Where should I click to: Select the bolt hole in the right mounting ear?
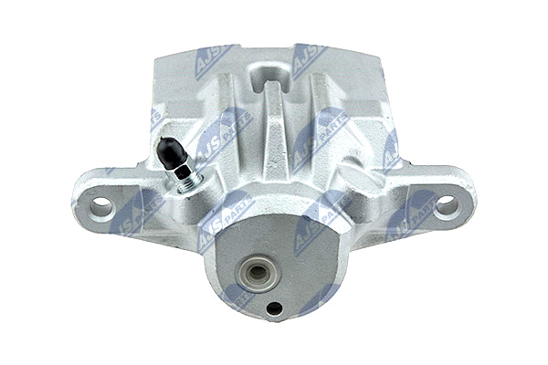click(447, 206)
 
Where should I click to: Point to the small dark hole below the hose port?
click(274, 308)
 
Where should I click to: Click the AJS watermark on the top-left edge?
click(212, 60)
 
